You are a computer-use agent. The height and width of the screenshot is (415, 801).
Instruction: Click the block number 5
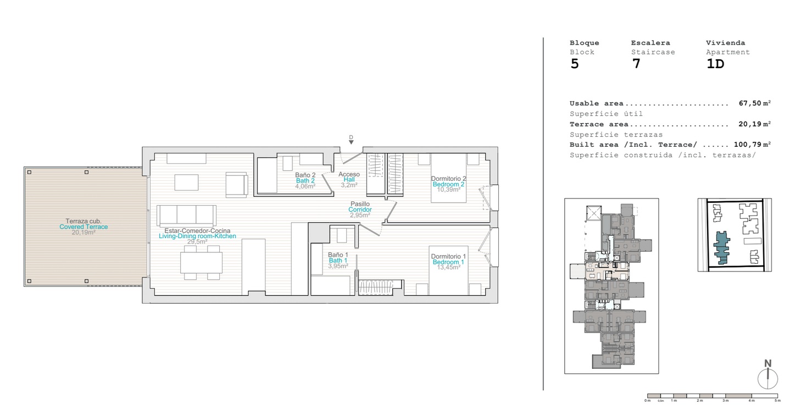pos(574,64)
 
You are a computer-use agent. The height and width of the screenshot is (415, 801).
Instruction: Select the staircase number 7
pos(636,64)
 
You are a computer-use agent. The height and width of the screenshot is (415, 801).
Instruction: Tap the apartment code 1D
pos(715,64)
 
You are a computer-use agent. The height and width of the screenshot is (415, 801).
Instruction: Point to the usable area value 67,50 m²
pos(754,103)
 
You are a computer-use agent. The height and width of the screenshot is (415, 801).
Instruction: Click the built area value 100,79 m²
pos(752,145)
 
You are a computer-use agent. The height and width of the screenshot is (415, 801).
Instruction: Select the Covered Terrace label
pos(84,227)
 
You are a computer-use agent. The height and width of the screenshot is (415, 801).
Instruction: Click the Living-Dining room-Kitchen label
pos(197,236)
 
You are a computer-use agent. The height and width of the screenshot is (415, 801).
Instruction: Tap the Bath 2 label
pos(305,181)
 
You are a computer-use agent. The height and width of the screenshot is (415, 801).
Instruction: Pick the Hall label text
pos(349,180)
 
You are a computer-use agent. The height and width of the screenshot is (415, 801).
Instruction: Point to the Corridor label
pos(360,209)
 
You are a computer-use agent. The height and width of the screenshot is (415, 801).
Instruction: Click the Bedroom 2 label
pos(448,184)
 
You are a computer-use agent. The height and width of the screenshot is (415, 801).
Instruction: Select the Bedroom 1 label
pos(448,262)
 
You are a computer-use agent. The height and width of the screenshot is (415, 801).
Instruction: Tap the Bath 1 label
pos(338,261)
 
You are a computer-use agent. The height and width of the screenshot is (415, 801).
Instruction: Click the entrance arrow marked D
pos(351,142)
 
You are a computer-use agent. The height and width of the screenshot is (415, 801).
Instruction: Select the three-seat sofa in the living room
pos(186,215)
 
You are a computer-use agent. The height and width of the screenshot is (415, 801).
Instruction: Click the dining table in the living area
pos(201,263)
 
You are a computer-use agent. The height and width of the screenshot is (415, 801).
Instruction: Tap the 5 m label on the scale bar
pos(777,401)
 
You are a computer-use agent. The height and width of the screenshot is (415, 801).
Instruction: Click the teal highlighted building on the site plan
pos(721,247)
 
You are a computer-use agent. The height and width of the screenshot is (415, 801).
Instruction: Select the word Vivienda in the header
pos(726,43)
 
